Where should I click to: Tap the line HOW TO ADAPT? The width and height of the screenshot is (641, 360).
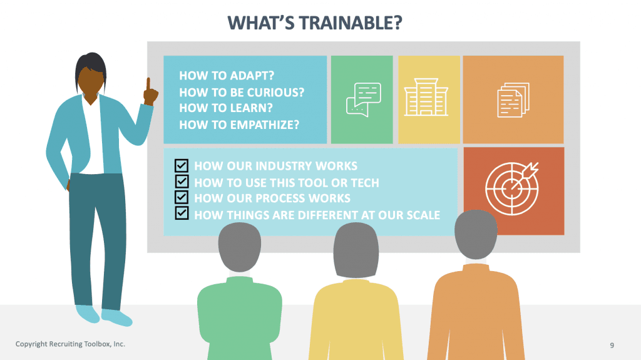tap(227, 76)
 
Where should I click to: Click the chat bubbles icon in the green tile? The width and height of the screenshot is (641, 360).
tap(363, 100)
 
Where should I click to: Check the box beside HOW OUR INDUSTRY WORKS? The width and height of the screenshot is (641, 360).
tap(182, 166)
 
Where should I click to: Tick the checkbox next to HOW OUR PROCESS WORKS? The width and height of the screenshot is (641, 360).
tap(182, 198)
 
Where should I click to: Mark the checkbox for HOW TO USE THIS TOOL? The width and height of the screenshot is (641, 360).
tap(182, 182)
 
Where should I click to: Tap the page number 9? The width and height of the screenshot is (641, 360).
tap(612, 345)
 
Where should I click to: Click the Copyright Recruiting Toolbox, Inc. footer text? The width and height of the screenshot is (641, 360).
tap(70, 344)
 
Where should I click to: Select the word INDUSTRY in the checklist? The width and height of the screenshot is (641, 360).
tap(269, 166)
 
